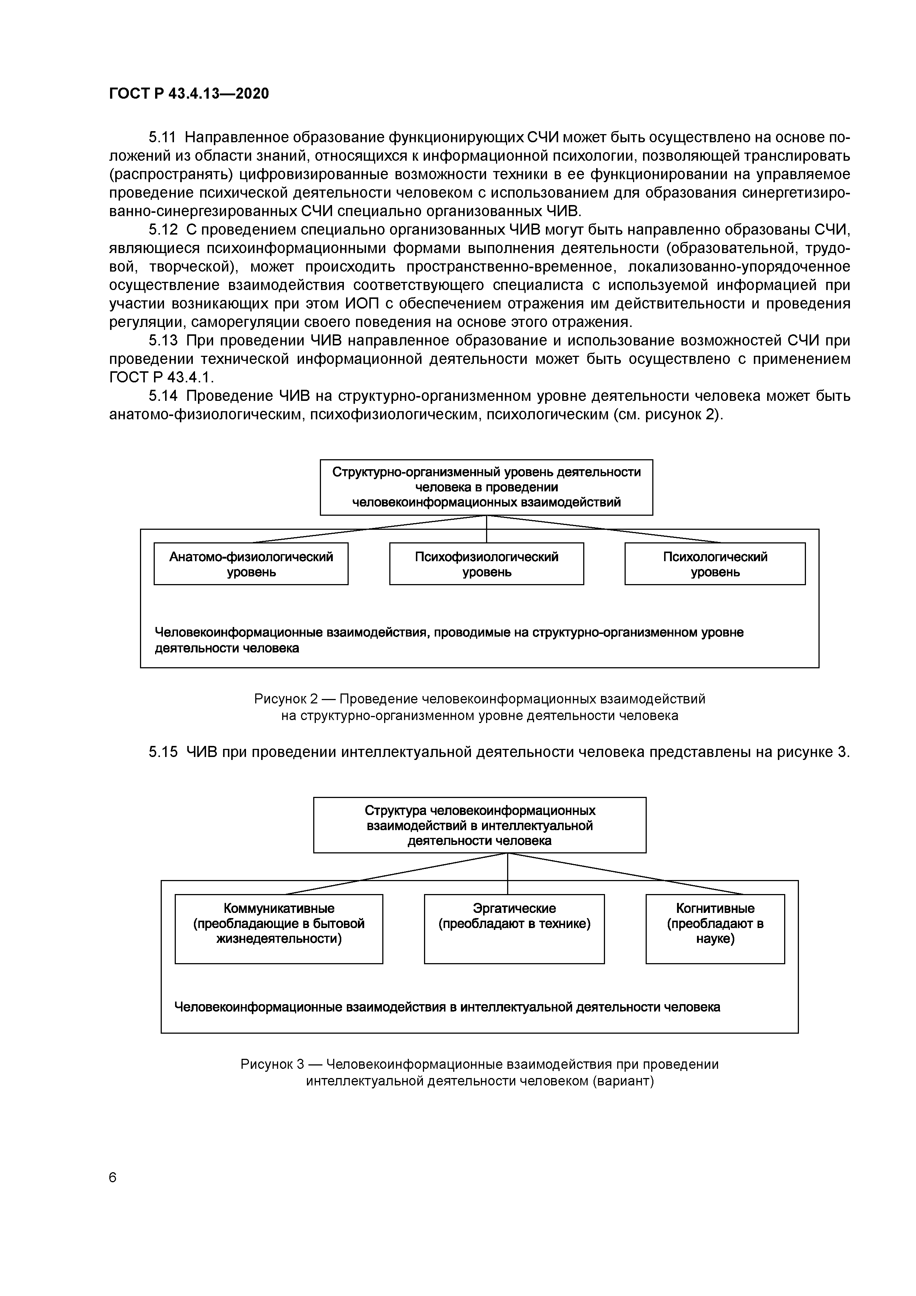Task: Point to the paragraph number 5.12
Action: point(163,230)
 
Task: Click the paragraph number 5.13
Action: point(163,341)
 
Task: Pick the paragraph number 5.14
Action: point(163,396)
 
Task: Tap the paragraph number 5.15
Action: point(163,753)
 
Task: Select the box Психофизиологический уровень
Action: point(486,564)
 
